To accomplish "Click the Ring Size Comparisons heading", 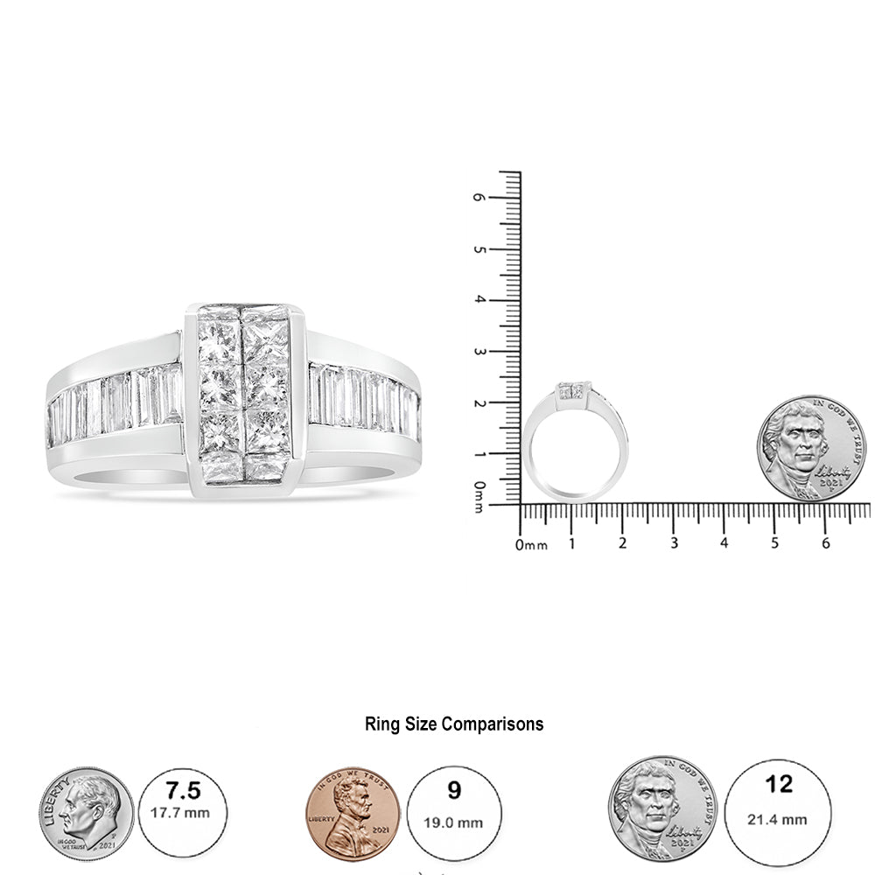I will click(x=453, y=724).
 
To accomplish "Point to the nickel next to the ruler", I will click(x=810, y=448).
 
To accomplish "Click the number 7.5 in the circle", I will click(x=183, y=792).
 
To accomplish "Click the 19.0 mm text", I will click(x=454, y=822).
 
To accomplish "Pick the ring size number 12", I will click(x=778, y=785).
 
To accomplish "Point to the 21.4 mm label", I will click(x=778, y=819).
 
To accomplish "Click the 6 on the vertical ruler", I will click(x=479, y=198).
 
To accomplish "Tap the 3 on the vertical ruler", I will click(x=479, y=352).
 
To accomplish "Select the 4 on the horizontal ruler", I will click(x=724, y=544).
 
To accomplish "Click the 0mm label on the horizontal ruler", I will click(x=530, y=545).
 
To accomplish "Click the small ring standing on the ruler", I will click(x=574, y=442).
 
